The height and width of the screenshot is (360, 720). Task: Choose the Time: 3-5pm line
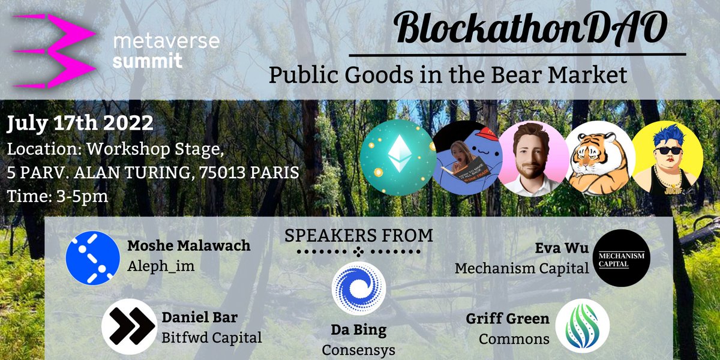pos(58,196)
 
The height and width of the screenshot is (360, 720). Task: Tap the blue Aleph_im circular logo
pos(93,257)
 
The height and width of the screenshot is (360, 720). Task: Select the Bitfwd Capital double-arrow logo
pos(128,326)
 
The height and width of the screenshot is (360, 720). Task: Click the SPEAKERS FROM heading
pos(359,235)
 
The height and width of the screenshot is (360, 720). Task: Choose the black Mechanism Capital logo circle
pos(622,258)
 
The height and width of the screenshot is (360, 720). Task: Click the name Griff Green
pos(508,319)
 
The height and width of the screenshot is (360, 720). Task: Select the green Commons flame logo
pos(582,326)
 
